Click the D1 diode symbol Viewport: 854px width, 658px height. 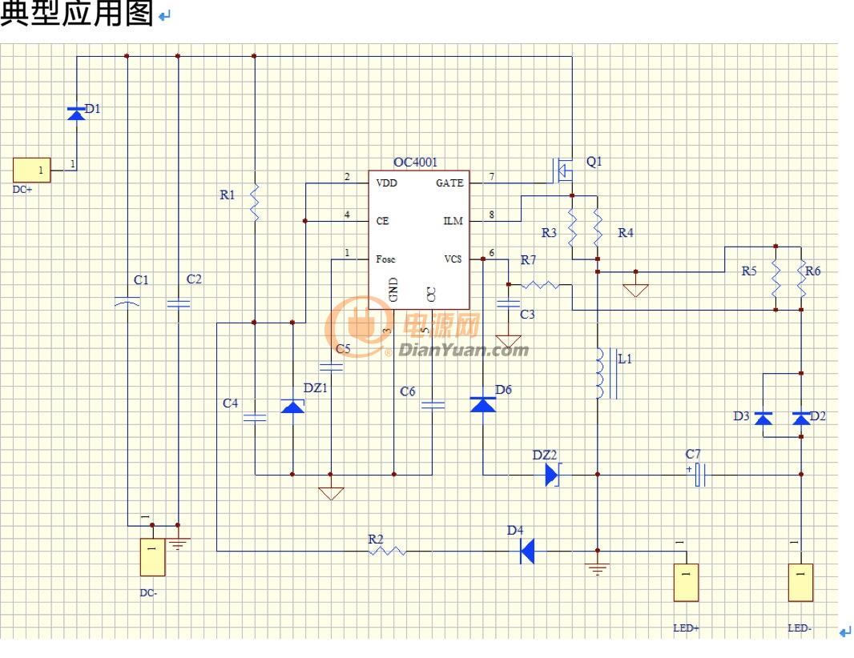coord(76,114)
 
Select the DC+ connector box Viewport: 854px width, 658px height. coord(31,170)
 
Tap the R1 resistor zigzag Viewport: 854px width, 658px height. coord(254,203)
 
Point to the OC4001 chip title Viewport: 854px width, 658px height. coord(415,162)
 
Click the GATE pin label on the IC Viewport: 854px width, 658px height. coord(449,183)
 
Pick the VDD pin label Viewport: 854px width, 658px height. coord(387,183)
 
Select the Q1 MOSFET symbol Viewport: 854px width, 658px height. coord(564,171)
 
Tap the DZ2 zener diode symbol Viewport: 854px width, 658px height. coord(552,475)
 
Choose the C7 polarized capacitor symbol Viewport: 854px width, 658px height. coord(700,475)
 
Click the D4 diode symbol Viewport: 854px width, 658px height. coord(526,552)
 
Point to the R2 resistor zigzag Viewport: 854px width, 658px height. coord(388,552)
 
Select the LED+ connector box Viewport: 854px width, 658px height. coord(687,582)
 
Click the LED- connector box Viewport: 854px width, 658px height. coord(800,582)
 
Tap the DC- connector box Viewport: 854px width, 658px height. coord(152,557)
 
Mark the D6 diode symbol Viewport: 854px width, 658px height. coord(482,404)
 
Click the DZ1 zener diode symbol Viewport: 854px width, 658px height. coord(292,406)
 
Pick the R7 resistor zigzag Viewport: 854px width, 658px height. coord(540,284)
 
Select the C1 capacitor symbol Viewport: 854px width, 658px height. coord(127,301)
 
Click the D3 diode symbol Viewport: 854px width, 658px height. coord(763,418)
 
